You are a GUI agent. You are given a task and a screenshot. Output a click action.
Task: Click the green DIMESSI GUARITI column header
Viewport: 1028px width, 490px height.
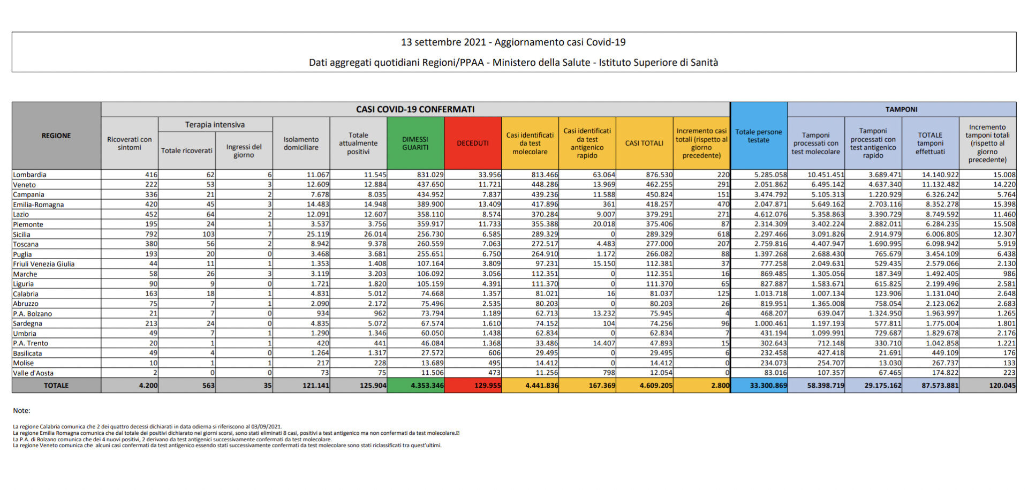tap(415, 143)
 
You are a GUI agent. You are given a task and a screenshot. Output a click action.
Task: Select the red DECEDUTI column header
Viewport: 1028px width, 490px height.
tap(472, 143)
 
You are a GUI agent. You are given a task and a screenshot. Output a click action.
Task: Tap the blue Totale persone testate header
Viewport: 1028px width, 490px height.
tap(758, 136)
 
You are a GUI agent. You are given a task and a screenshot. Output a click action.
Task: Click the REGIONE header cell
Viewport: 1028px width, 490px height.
tap(56, 135)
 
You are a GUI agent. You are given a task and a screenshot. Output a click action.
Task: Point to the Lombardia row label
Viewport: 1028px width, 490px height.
tap(29, 175)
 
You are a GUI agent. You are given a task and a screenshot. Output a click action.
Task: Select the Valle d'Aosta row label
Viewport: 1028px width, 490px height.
tap(33, 373)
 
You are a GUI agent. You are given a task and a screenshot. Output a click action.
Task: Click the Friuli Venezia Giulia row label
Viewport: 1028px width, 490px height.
tap(44, 264)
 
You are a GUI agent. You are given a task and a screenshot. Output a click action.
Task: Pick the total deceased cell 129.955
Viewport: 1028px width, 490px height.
tap(487, 386)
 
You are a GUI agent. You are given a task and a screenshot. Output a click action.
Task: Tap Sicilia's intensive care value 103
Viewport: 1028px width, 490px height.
tap(208, 234)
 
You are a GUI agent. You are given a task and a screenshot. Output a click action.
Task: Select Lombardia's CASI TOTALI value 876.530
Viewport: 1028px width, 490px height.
tap(659, 175)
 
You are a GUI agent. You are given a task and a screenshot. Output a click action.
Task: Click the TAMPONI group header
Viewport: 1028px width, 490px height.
tap(901, 109)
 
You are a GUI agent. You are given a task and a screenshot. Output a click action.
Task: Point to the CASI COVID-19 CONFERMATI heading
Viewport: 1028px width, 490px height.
tap(415, 109)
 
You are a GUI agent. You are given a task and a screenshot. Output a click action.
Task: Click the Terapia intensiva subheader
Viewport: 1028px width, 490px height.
tap(215, 125)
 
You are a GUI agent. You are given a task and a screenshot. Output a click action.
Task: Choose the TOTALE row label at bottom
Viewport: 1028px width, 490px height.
tap(56, 386)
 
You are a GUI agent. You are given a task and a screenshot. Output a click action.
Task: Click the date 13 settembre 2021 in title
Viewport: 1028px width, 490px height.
tap(443, 42)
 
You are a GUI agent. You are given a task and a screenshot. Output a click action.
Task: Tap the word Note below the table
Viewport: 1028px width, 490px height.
tap(21, 411)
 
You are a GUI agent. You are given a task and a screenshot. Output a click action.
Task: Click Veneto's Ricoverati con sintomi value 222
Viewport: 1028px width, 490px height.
tap(151, 184)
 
